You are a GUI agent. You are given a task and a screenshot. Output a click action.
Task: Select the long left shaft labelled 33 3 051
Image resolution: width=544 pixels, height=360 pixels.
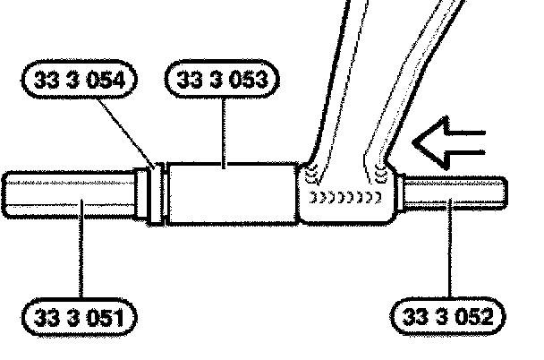(x=72, y=194)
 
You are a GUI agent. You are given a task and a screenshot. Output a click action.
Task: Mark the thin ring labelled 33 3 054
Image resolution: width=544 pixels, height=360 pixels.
(x=158, y=194)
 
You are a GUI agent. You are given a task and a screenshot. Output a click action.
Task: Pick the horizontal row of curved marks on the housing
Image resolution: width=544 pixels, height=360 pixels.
(x=350, y=195)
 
